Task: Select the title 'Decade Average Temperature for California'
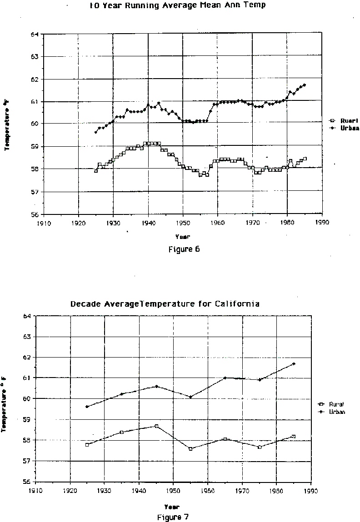165,304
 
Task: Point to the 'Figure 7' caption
173,517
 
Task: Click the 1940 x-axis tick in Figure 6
148,223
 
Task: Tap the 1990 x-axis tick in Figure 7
311,491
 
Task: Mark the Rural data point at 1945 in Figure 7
156,426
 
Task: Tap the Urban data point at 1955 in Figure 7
191,397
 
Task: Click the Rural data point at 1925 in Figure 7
87,444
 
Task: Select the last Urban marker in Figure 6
304,85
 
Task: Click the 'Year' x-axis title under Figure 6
183,236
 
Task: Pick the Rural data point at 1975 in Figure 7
260,447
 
